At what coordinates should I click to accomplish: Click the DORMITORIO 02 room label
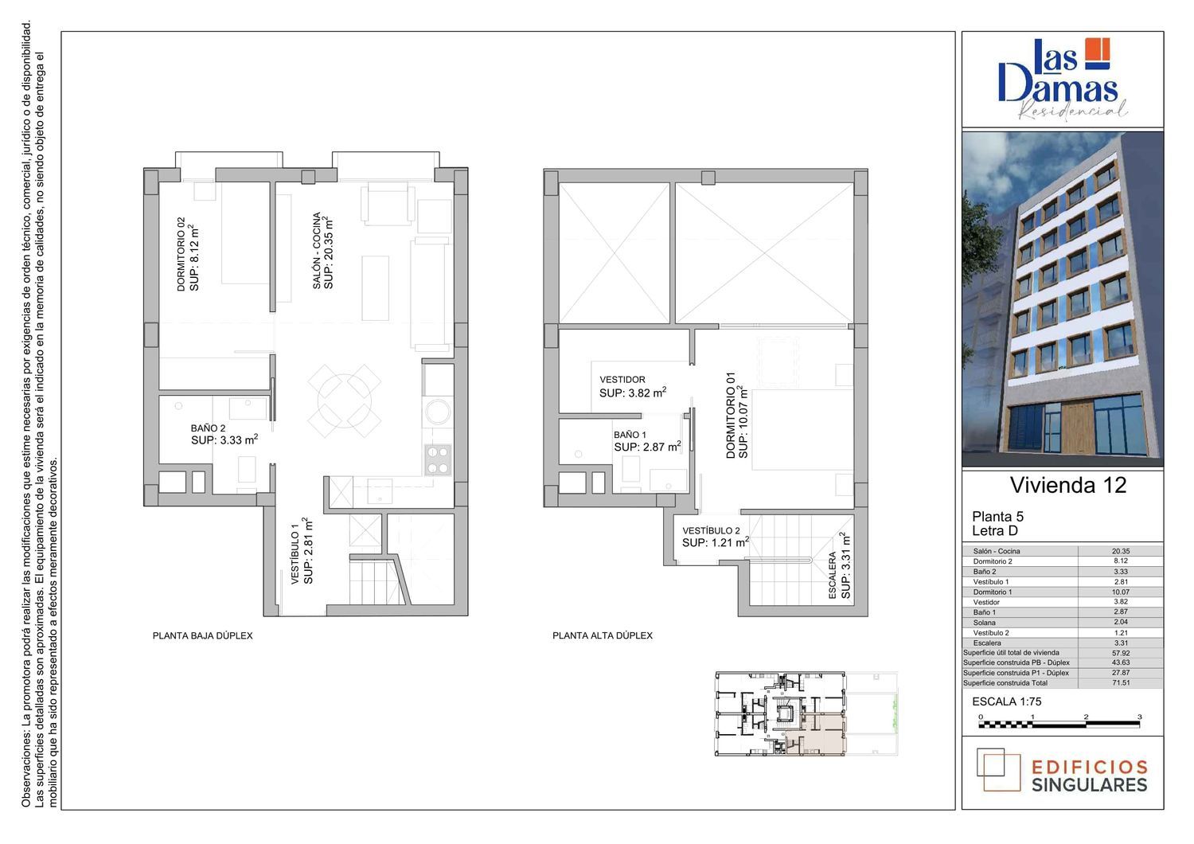pyautogui.click(x=181, y=254)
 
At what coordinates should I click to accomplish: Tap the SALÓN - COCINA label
pyautogui.click(x=317, y=251)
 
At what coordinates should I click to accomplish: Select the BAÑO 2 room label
pyautogui.click(x=208, y=428)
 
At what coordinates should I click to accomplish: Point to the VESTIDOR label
pyautogui.click(x=622, y=380)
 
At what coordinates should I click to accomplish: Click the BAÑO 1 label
pyautogui.click(x=630, y=435)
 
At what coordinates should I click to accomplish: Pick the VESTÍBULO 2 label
pyautogui.click(x=711, y=530)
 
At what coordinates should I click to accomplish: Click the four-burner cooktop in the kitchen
pyautogui.click(x=438, y=459)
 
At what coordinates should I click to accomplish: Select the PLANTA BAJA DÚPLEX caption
pyautogui.click(x=202, y=635)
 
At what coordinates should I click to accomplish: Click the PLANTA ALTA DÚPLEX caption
pyautogui.click(x=603, y=635)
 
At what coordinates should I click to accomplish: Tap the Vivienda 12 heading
pyautogui.click(x=1068, y=485)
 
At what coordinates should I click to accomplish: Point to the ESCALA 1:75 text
pyautogui.click(x=1007, y=701)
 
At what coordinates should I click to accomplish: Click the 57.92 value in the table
pyautogui.click(x=1121, y=653)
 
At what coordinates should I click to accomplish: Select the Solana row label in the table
pyautogui.click(x=984, y=623)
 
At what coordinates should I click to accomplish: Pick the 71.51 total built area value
pyautogui.click(x=1121, y=683)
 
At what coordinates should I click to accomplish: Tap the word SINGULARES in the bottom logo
pyautogui.click(x=1090, y=785)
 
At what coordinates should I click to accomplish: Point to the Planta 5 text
pyautogui.click(x=998, y=516)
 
